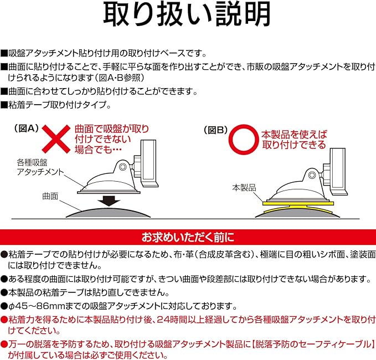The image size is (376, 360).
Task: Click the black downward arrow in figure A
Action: [108, 199]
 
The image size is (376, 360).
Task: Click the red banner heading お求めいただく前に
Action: [188, 236]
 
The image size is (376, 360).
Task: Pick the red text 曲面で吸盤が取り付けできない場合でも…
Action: [111, 139]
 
